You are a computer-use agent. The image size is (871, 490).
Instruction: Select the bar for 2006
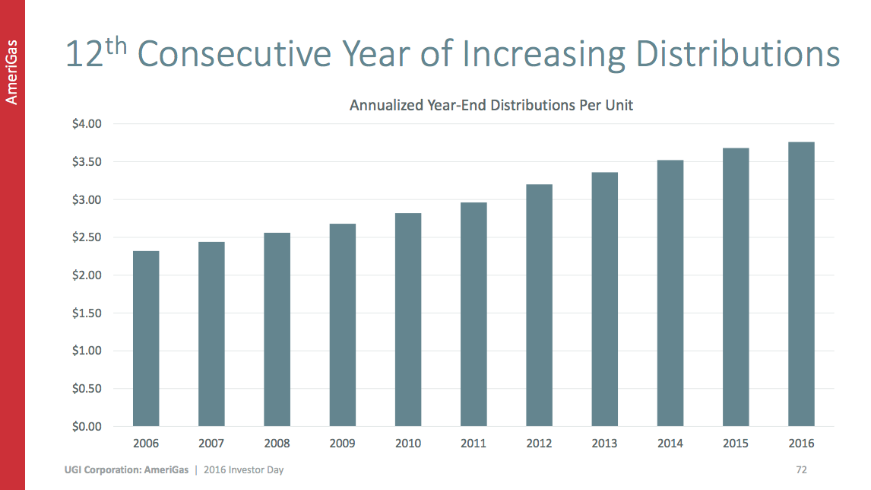pos(146,339)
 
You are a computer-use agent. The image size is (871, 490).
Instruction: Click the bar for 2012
pos(539,305)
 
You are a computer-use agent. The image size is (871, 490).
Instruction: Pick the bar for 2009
pos(343,325)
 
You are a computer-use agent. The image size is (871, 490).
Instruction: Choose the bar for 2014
pos(670,293)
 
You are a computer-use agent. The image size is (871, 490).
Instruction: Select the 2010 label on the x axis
pos(408,444)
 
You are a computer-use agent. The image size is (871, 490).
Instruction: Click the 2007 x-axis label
pos(211,444)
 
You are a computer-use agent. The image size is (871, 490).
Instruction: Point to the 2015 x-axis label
pos(736,444)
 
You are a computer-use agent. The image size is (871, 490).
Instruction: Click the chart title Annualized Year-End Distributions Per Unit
pos(491,106)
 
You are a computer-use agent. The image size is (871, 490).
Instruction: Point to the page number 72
pos(801,469)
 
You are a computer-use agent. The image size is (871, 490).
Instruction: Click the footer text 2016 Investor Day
pos(244,470)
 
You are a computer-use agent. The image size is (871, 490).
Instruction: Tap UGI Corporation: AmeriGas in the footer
pos(126,470)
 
